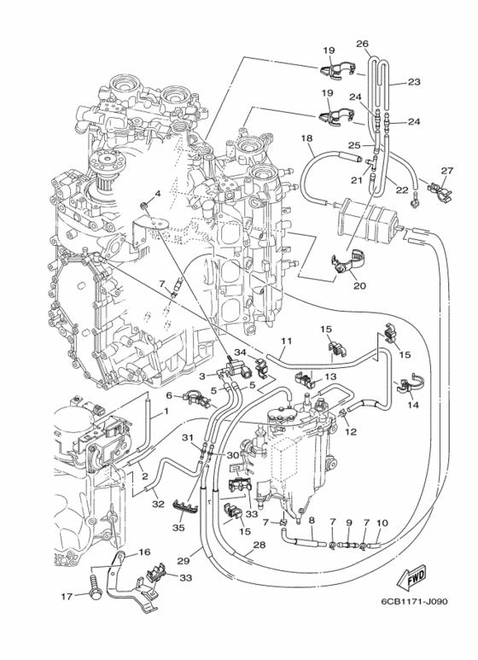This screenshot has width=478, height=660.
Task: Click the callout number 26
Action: tap(362, 44)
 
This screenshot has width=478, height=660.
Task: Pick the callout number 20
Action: tap(358, 285)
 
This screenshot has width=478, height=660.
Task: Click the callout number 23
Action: tap(415, 83)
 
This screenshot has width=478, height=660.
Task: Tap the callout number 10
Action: tap(382, 523)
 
